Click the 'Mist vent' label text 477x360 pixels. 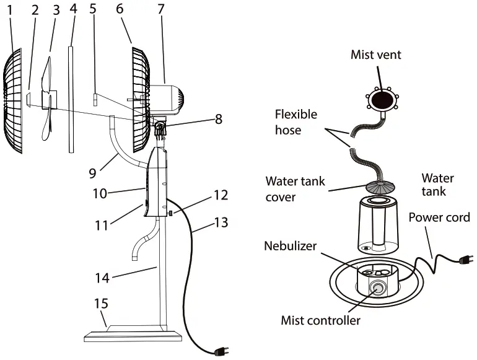(376, 55)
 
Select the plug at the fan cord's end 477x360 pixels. (221, 353)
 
